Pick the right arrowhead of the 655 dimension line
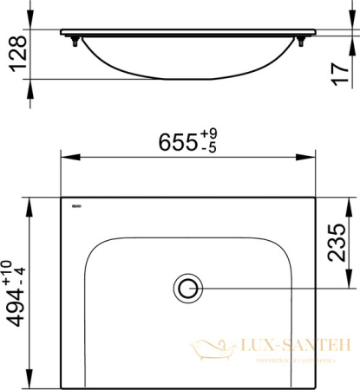click(x=311, y=159)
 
